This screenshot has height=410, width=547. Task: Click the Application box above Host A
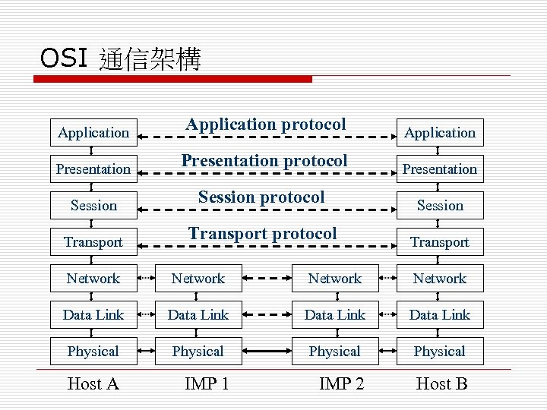(93, 133)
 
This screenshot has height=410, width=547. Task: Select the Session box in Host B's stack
(440, 206)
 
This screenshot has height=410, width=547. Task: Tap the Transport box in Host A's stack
(93, 242)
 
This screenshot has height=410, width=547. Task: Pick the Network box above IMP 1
(198, 279)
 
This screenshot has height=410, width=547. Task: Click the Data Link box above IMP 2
(335, 315)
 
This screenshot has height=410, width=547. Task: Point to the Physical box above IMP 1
(198, 352)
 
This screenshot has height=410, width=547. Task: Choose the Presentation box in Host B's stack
(440, 169)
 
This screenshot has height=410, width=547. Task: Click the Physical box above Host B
(440, 352)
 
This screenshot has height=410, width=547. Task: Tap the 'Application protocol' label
(266, 124)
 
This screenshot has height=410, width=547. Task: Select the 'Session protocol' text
(261, 197)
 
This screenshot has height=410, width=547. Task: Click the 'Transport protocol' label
(263, 234)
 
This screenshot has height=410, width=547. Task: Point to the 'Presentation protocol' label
(264, 161)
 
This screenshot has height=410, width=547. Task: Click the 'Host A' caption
(93, 384)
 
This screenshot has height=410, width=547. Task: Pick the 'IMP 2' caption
(341, 384)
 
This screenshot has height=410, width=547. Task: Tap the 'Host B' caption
(441, 384)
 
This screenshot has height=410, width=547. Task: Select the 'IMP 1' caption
(207, 384)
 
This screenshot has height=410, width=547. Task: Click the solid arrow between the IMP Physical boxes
(267, 352)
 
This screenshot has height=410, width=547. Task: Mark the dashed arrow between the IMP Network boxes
(267, 279)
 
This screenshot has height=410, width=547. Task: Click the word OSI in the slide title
(64, 58)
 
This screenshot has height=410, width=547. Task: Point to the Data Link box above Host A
(93, 315)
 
